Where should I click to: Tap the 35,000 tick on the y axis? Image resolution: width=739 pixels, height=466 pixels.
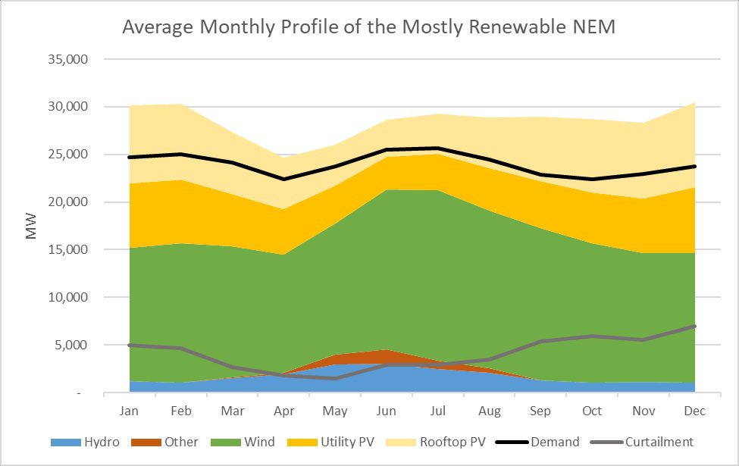[69, 59]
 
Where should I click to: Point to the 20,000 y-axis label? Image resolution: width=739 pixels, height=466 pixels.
[69, 202]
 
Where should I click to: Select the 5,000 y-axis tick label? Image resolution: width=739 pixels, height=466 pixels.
[73, 346]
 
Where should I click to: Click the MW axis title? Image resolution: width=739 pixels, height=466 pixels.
[31, 227]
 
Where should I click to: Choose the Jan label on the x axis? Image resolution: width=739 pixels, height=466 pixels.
[129, 411]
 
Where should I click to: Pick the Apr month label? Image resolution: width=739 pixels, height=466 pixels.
[283, 411]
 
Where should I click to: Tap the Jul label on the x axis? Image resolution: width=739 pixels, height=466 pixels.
[438, 411]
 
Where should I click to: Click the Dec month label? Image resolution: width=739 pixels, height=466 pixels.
[694, 411]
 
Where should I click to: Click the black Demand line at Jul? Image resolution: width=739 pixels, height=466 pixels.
[438, 149]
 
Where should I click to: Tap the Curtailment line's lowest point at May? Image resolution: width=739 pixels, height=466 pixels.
[335, 378]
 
